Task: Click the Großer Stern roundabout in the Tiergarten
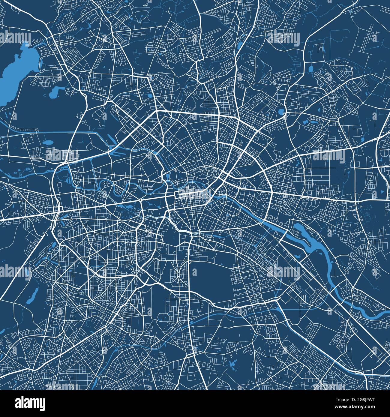[x=140, y=200]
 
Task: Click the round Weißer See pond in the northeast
[x=281, y=112]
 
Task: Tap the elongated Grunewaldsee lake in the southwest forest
[x=33, y=295]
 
